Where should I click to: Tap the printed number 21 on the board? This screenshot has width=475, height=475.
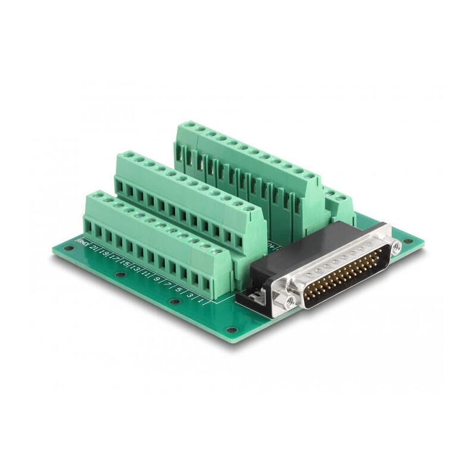click(x=93, y=246)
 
